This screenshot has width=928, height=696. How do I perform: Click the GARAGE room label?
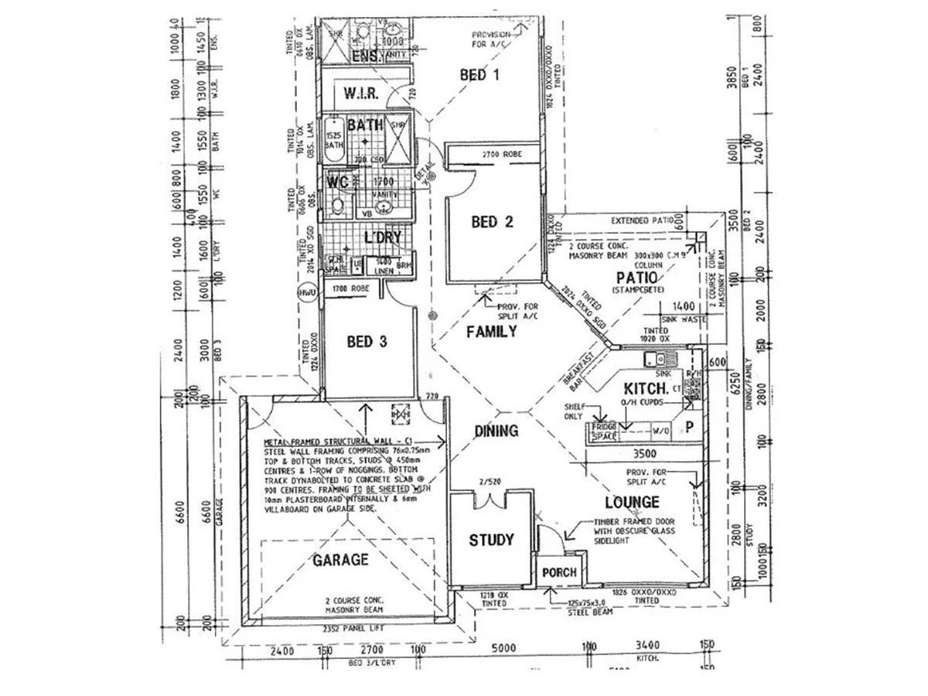340,560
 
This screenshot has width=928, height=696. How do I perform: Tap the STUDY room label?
491,541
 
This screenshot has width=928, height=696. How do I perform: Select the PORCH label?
559,572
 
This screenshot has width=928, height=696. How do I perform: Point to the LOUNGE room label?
633,502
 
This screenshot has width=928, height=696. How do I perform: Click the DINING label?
496,432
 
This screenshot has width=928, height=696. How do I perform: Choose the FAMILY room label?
491,332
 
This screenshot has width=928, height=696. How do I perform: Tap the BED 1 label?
479,75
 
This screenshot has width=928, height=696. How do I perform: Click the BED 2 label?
493,223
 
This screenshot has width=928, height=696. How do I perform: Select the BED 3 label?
367,341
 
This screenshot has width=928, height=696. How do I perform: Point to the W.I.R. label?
360,94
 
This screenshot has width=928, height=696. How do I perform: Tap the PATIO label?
636,278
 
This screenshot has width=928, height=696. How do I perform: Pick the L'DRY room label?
382,237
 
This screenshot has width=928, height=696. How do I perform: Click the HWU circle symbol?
307,292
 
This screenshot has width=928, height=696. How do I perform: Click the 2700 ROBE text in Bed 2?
502,155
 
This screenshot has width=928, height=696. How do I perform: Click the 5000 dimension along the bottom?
503,647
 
